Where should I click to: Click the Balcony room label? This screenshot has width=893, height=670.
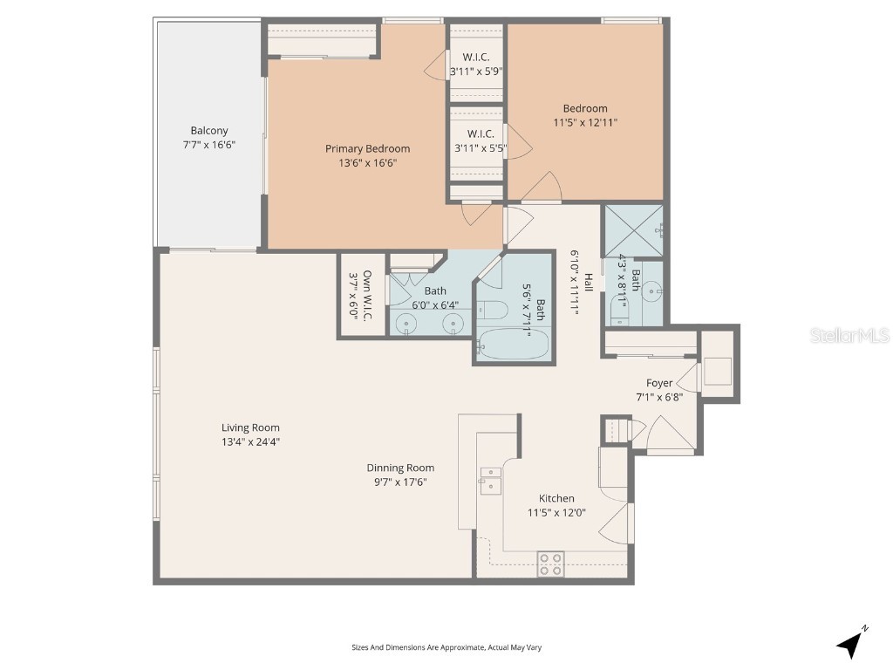pos(209,131)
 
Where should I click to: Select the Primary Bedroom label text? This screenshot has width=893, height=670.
pos(367,148)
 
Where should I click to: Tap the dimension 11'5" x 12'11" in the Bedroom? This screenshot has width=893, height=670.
pos(584,123)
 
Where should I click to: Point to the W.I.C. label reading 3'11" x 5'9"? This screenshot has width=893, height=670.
pos(476,72)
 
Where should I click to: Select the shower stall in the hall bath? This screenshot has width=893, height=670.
pos(633,230)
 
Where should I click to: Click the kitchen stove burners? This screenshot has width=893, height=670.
pos(550,564)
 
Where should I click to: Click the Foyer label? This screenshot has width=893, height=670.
pos(658,383)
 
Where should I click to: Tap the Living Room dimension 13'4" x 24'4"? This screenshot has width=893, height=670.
pos(250,441)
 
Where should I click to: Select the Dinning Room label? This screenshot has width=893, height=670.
pos(400,468)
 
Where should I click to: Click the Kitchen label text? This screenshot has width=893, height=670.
pos(556,498)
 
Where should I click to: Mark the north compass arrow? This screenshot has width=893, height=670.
pos(851,643)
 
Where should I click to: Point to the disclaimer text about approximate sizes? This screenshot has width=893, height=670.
pos(446,647)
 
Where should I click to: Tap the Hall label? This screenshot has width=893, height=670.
pos(590,282)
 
